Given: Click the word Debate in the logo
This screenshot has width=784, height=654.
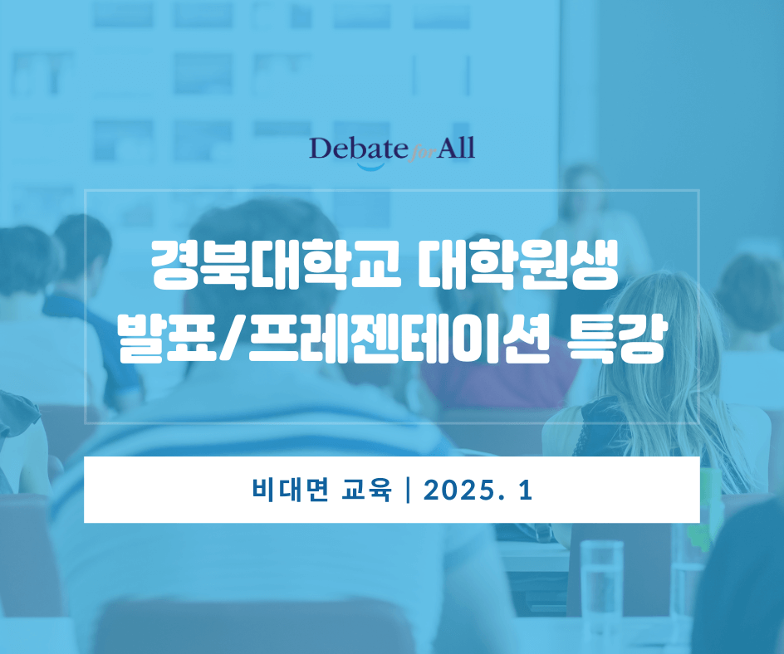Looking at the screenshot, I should (357, 149).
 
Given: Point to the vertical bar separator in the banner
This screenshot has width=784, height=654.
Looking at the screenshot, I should (407, 490).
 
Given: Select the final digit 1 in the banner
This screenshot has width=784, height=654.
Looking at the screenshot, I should (524, 490).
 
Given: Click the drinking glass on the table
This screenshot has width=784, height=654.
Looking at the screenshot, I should (601, 581).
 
